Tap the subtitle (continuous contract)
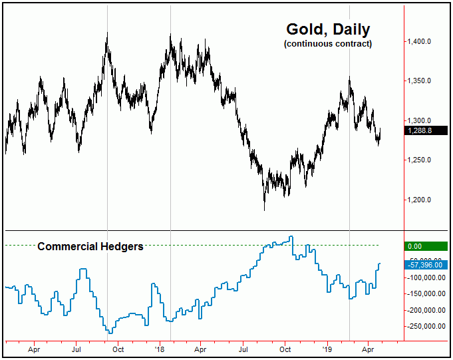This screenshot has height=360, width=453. click(327, 44)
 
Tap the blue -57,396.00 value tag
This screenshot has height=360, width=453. click(423, 265)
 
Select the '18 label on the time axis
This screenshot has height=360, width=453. click(160, 348)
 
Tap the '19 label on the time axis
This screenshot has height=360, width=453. click(327, 348)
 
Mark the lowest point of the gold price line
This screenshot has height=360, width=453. click(265, 210)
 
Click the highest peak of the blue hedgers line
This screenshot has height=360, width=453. click(291, 236)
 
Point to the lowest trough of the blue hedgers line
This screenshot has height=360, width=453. click(110, 333)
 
